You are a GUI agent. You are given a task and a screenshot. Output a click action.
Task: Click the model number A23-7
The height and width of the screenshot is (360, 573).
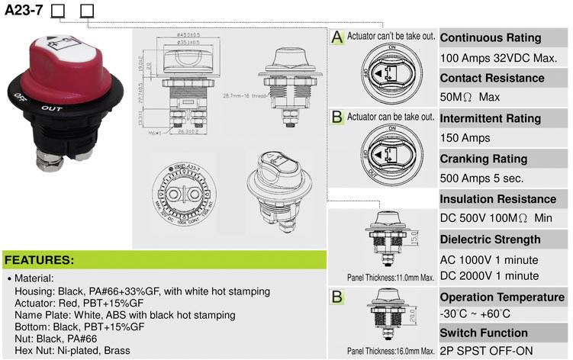point(24,11)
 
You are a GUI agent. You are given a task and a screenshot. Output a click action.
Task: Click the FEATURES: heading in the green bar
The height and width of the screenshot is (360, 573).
point(40,259)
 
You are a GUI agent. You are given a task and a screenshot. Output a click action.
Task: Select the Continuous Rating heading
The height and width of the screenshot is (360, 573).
point(491,38)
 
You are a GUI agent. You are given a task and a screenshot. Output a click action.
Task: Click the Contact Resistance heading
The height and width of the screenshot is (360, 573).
point(492,78)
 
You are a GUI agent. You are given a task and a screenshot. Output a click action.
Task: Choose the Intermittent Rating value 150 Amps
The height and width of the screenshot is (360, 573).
point(465,138)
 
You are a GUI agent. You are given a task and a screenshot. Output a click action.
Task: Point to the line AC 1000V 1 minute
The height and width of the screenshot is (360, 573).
point(489,259)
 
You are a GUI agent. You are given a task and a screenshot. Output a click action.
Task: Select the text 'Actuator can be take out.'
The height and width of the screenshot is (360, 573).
point(391,117)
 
